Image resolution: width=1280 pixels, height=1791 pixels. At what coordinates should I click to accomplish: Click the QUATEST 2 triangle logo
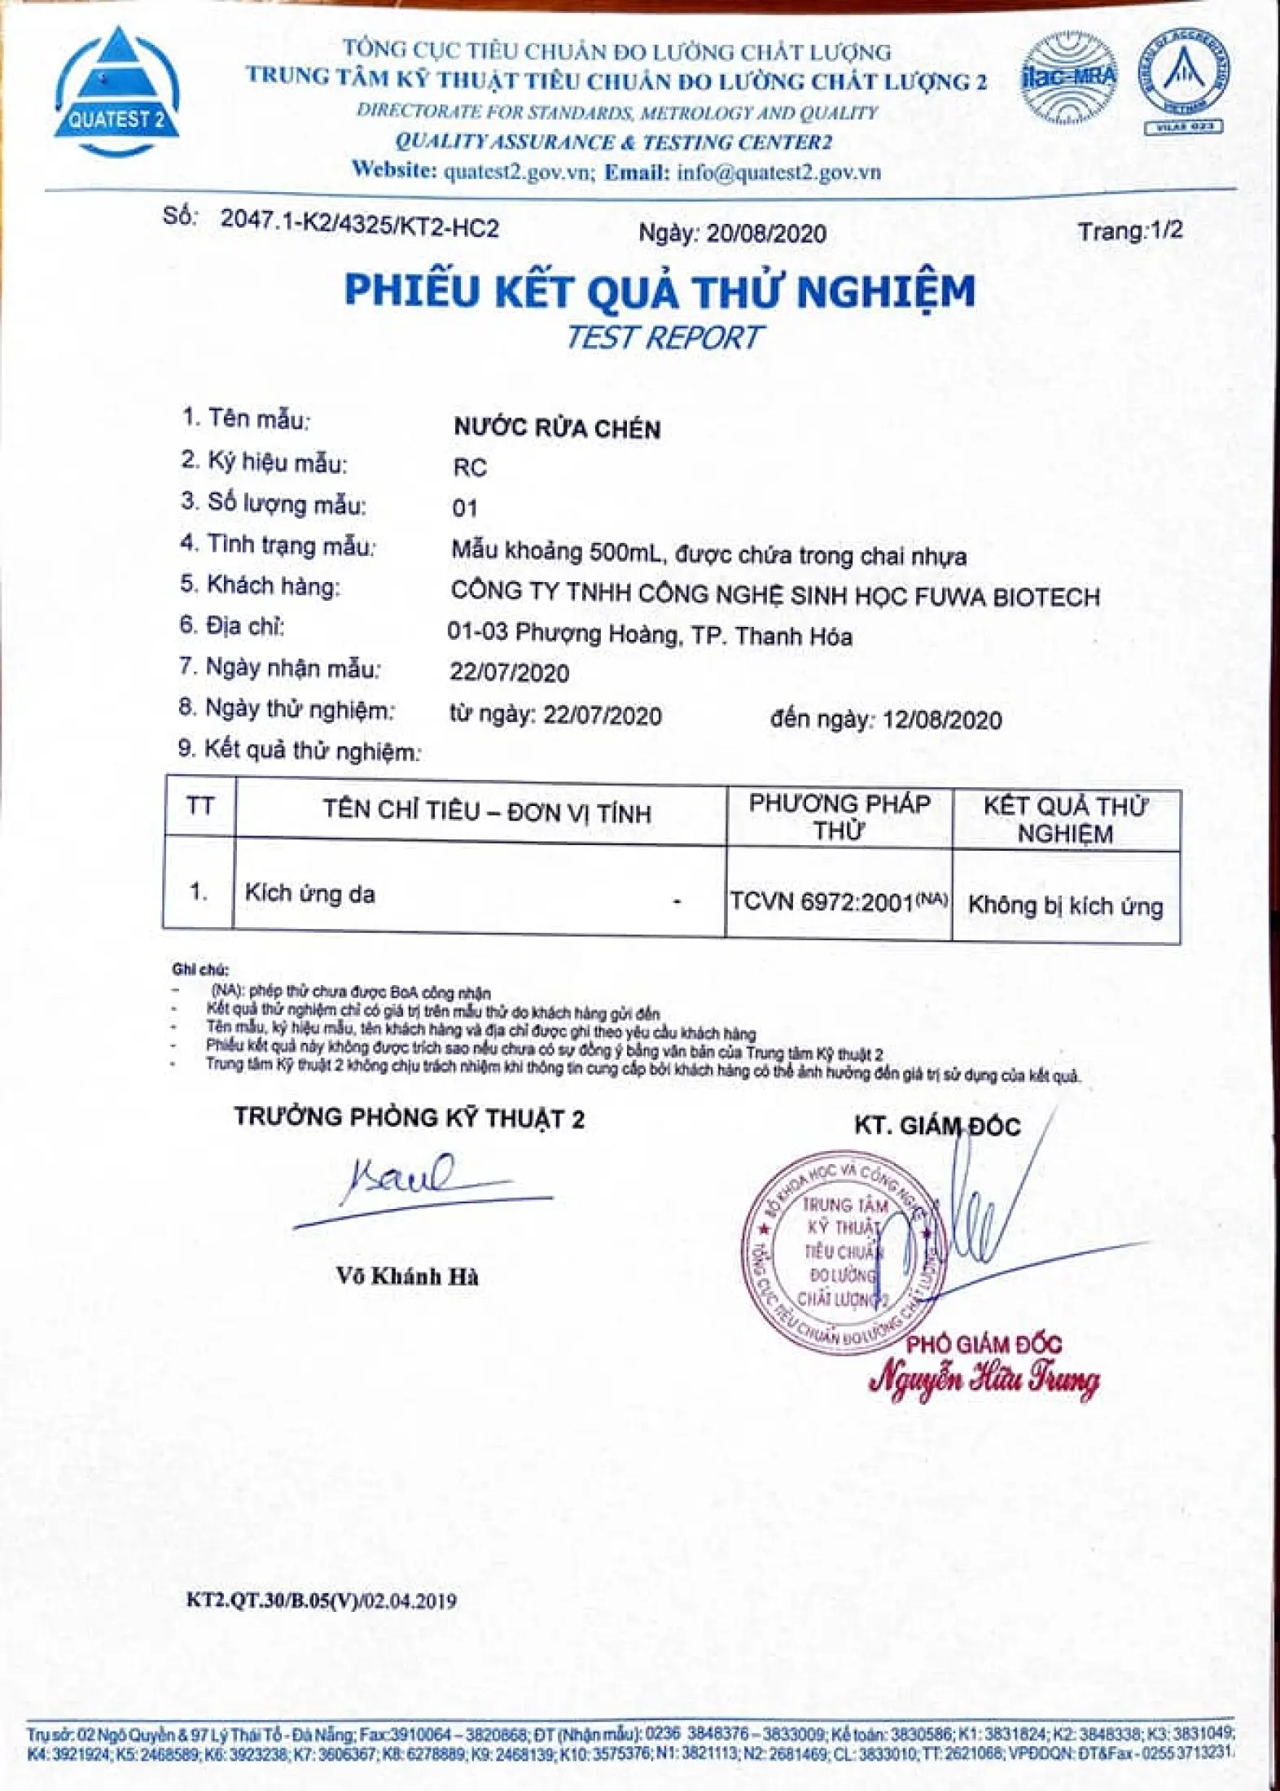[116, 91]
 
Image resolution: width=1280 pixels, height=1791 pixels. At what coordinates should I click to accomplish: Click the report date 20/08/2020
[765, 234]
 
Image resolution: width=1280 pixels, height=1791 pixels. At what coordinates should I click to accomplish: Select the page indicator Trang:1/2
[1129, 231]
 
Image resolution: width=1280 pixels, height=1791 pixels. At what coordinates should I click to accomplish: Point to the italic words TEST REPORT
[664, 337]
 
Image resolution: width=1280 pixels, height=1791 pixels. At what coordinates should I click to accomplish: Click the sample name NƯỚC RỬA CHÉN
[557, 428]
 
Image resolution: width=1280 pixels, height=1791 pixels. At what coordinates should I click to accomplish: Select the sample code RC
[470, 468]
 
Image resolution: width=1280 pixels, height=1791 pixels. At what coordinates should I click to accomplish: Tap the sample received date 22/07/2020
[509, 672]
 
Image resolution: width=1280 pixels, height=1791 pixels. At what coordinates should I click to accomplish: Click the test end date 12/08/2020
[942, 720]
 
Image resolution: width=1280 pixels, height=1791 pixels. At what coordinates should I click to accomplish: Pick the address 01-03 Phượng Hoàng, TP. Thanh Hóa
[649, 634]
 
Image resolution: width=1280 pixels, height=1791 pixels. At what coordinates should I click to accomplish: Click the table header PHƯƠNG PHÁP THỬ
[839, 817]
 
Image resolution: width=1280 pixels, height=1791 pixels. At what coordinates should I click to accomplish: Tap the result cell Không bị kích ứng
[1065, 905]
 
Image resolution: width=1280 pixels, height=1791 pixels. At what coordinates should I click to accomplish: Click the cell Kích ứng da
[309, 894]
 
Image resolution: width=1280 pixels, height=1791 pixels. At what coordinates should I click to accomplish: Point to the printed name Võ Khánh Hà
[407, 1276]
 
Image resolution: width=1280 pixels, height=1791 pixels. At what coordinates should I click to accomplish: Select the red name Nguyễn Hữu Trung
[984, 1379]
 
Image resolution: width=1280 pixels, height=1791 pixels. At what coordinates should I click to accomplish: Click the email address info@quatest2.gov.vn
[778, 172]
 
